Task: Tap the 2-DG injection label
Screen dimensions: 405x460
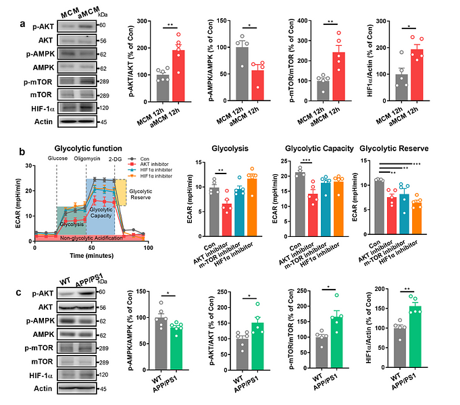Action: (x=117, y=159)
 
